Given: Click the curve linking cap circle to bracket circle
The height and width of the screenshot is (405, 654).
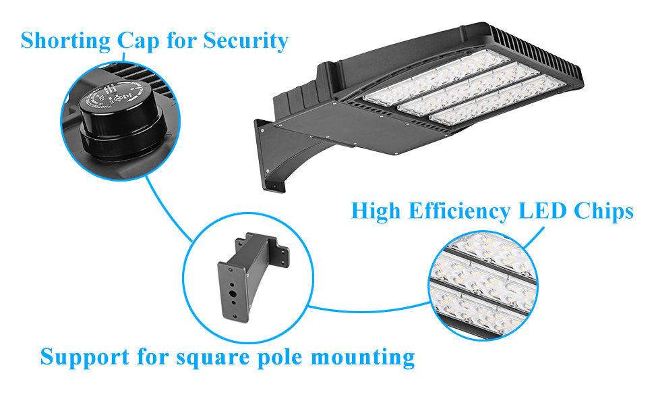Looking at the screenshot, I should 169,209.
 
